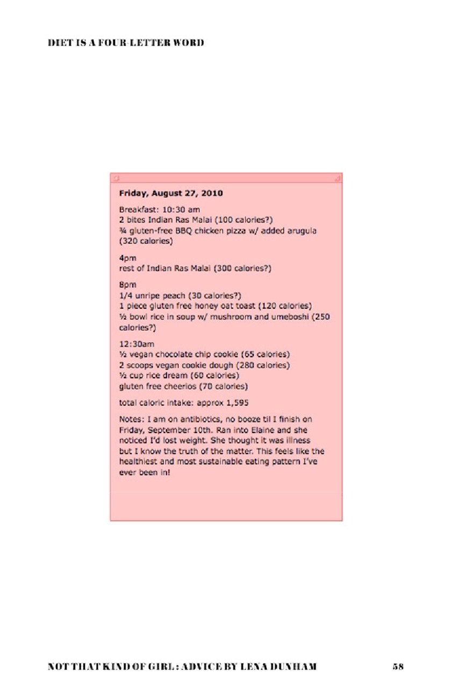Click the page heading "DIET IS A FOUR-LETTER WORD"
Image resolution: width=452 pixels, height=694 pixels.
point(126,43)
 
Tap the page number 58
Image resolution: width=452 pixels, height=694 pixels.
point(398,667)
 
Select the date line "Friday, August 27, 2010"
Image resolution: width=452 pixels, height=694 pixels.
point(171,193)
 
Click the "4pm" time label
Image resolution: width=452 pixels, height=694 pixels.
point(126,258)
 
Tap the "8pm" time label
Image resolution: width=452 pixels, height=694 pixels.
point(126,285)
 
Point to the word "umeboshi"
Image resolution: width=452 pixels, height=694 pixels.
point(293,317)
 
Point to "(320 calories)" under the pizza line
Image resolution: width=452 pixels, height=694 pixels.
point(146,242)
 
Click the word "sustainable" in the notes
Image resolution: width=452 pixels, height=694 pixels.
point(234,462)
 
